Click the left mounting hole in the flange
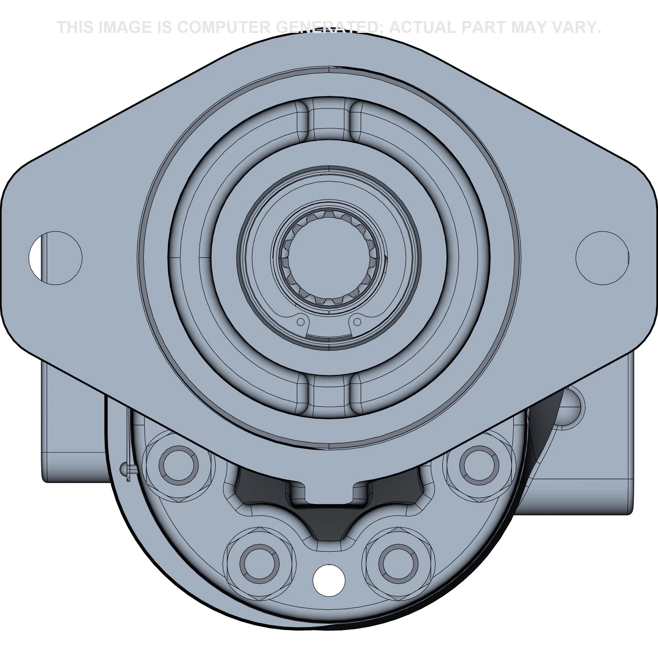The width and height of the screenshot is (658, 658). click(56, 258)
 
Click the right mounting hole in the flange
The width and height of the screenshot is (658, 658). click(602, 258)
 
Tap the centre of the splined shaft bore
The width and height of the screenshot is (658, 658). click(329, 258)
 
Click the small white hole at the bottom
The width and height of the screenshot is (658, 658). click(329, 580)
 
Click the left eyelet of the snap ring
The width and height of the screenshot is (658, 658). click(300, 321)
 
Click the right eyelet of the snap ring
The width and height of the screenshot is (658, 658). click(357, 321)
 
